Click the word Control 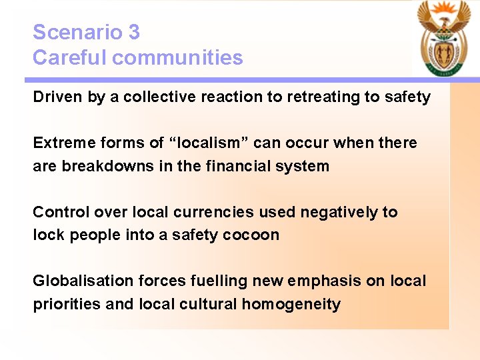click(x=61, y=212)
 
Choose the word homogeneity click(x=291, y=305)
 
